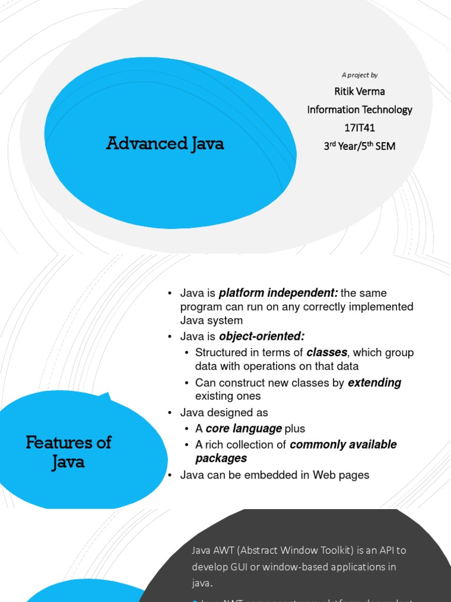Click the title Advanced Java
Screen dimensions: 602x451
click(x=165, y=143)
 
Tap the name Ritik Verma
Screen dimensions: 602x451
click(x=359, y=91)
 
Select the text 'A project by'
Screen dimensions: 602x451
click(x=359, y=75)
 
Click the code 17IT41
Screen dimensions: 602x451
click(x=359, y=128)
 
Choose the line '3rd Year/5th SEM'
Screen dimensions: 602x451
click(x=359, y=146)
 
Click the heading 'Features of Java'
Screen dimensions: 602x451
click(x=68, y=451)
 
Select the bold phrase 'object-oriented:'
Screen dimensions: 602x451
click(x=261, y=336)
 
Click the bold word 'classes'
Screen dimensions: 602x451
click(x=327, y=352)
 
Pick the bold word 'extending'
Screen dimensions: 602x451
click(x=374, y=383)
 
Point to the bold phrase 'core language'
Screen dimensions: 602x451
click(x=244, y=429)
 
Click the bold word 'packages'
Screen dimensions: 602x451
click(x=221, y=459)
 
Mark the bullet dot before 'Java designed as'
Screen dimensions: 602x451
click(x=169, y=413)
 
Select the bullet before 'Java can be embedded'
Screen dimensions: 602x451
click(x=169, y=475)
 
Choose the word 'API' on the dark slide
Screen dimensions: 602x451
click(x=386, y=550)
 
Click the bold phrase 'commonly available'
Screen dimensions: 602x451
click(x=343, y=444)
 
